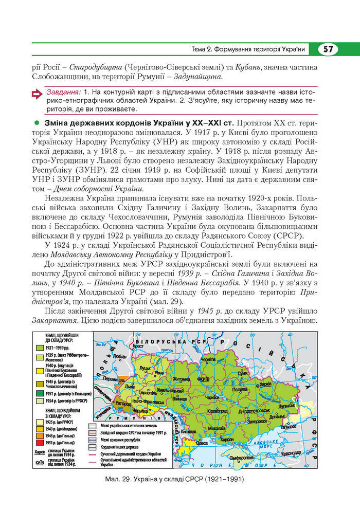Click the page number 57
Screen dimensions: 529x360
point(328,49)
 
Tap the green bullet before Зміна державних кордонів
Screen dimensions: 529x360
point(37,124)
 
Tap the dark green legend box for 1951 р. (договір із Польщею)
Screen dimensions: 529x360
point(40,393)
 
